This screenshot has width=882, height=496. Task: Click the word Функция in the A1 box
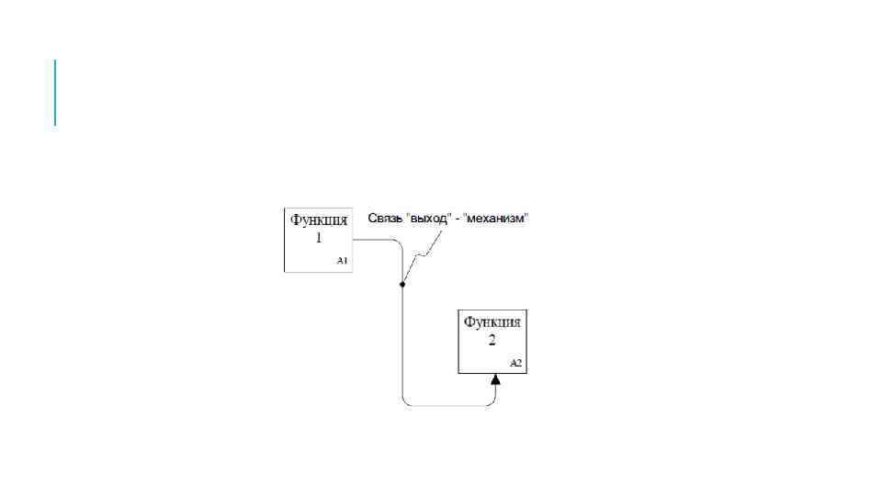tap(319, 220)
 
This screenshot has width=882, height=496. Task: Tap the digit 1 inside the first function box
tap(319, 237)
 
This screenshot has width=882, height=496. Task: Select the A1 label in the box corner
tap(342, 262)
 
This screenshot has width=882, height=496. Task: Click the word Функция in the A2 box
tap(492, 322)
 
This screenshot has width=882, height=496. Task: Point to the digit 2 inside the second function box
tap(492, 340)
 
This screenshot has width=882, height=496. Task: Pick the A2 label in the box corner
tap(515, 364)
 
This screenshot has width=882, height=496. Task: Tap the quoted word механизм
tap(499, 219)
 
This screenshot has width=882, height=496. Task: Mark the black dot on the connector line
tap(402, 285)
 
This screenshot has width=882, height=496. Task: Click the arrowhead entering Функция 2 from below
tap(495, 379)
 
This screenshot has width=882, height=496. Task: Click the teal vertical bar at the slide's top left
tap(55, 92)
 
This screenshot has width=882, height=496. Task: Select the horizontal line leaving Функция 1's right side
tap(372, 240)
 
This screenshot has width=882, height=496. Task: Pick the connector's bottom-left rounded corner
tap(405, 402)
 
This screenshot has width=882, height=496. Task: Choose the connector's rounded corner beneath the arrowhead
tap(493, 401)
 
